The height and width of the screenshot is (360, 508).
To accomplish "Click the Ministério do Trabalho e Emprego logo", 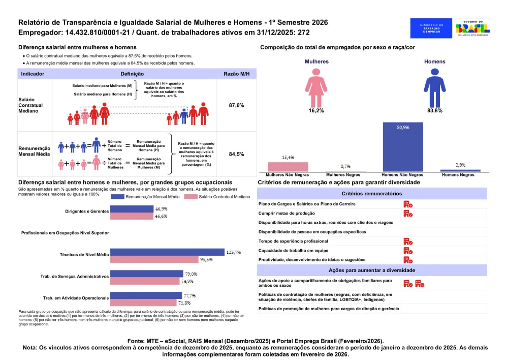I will point(432,28).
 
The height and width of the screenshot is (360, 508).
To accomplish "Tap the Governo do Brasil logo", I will point(473,28).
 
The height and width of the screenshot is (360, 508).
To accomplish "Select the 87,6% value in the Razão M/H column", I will point(237,105).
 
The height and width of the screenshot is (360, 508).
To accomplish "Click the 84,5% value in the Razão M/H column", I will point(237,154).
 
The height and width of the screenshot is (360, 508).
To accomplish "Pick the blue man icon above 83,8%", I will point(434,87).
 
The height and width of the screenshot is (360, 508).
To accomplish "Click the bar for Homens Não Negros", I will point(403,147).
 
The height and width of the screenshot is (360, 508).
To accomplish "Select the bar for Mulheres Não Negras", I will point(288,167).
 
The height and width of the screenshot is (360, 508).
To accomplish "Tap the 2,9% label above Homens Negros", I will point(460,165).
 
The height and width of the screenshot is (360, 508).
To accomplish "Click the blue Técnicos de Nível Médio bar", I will point(168,252).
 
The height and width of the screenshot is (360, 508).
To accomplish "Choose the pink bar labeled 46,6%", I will point(132,216).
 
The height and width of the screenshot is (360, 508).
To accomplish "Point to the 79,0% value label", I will point(190,274).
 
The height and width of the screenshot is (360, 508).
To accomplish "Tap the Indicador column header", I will point(33,74).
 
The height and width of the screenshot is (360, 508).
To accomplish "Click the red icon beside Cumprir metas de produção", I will point(407,214).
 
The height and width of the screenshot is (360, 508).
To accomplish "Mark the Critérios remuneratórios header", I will point(372,194).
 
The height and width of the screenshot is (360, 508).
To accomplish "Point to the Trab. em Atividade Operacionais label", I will point(76,297).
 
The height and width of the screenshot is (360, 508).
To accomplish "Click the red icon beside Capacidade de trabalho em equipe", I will point(407,251).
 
